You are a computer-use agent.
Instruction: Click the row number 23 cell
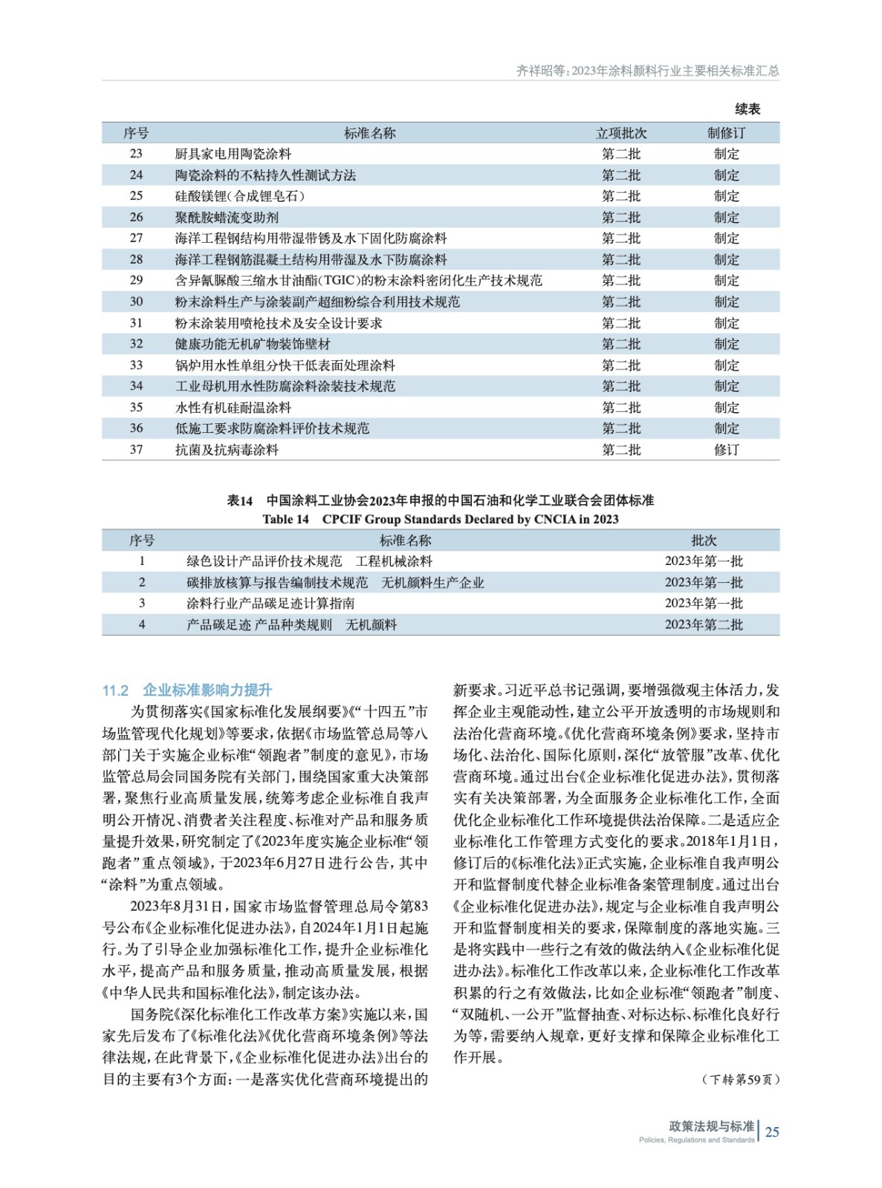(136, 154)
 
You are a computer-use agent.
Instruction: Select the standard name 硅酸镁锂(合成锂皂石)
(239, 196)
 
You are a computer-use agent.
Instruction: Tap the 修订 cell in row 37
(726, 449)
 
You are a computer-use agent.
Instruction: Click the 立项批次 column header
(621, 133)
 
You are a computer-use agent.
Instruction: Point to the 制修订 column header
(726, 133)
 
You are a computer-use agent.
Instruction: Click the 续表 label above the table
(748, 109)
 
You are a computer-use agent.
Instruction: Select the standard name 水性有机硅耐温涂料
(233, 408)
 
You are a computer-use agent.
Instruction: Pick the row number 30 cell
(136, 301)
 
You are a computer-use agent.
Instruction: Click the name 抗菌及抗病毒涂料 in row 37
(227, 449)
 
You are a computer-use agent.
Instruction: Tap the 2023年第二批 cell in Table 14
(703, 624)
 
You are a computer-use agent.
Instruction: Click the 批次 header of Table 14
(704, 541)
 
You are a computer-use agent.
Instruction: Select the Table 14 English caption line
(440, 519)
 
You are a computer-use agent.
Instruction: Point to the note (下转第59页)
(740, 1080)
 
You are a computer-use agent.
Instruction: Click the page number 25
(772, 1132)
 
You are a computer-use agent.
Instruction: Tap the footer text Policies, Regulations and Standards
(696, 1140)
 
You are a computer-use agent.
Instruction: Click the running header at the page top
(647, 71)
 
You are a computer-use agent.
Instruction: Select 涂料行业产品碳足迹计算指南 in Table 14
(270, 604)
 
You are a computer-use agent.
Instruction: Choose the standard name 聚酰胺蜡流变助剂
(227, 218)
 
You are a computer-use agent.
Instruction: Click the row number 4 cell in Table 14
(142, 624)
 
